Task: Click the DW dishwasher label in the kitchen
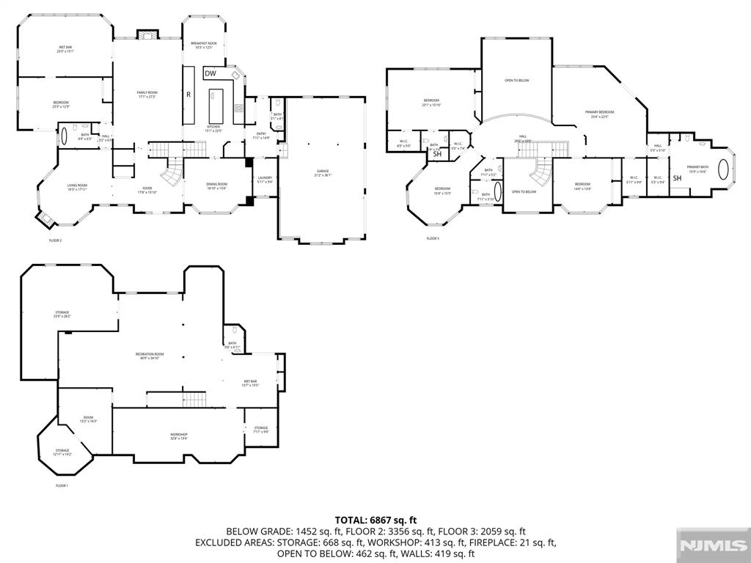(x=210, y=73)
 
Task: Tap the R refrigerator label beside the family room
(x=188, y=95)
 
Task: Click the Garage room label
(x=323, y=173)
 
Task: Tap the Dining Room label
(x=217, y=185)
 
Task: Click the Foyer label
(x=147, y=189)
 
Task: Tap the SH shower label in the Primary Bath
(x=677, y=178)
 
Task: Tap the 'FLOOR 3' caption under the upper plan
(x=433, y=238)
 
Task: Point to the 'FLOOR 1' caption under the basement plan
(x=62, y=485)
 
